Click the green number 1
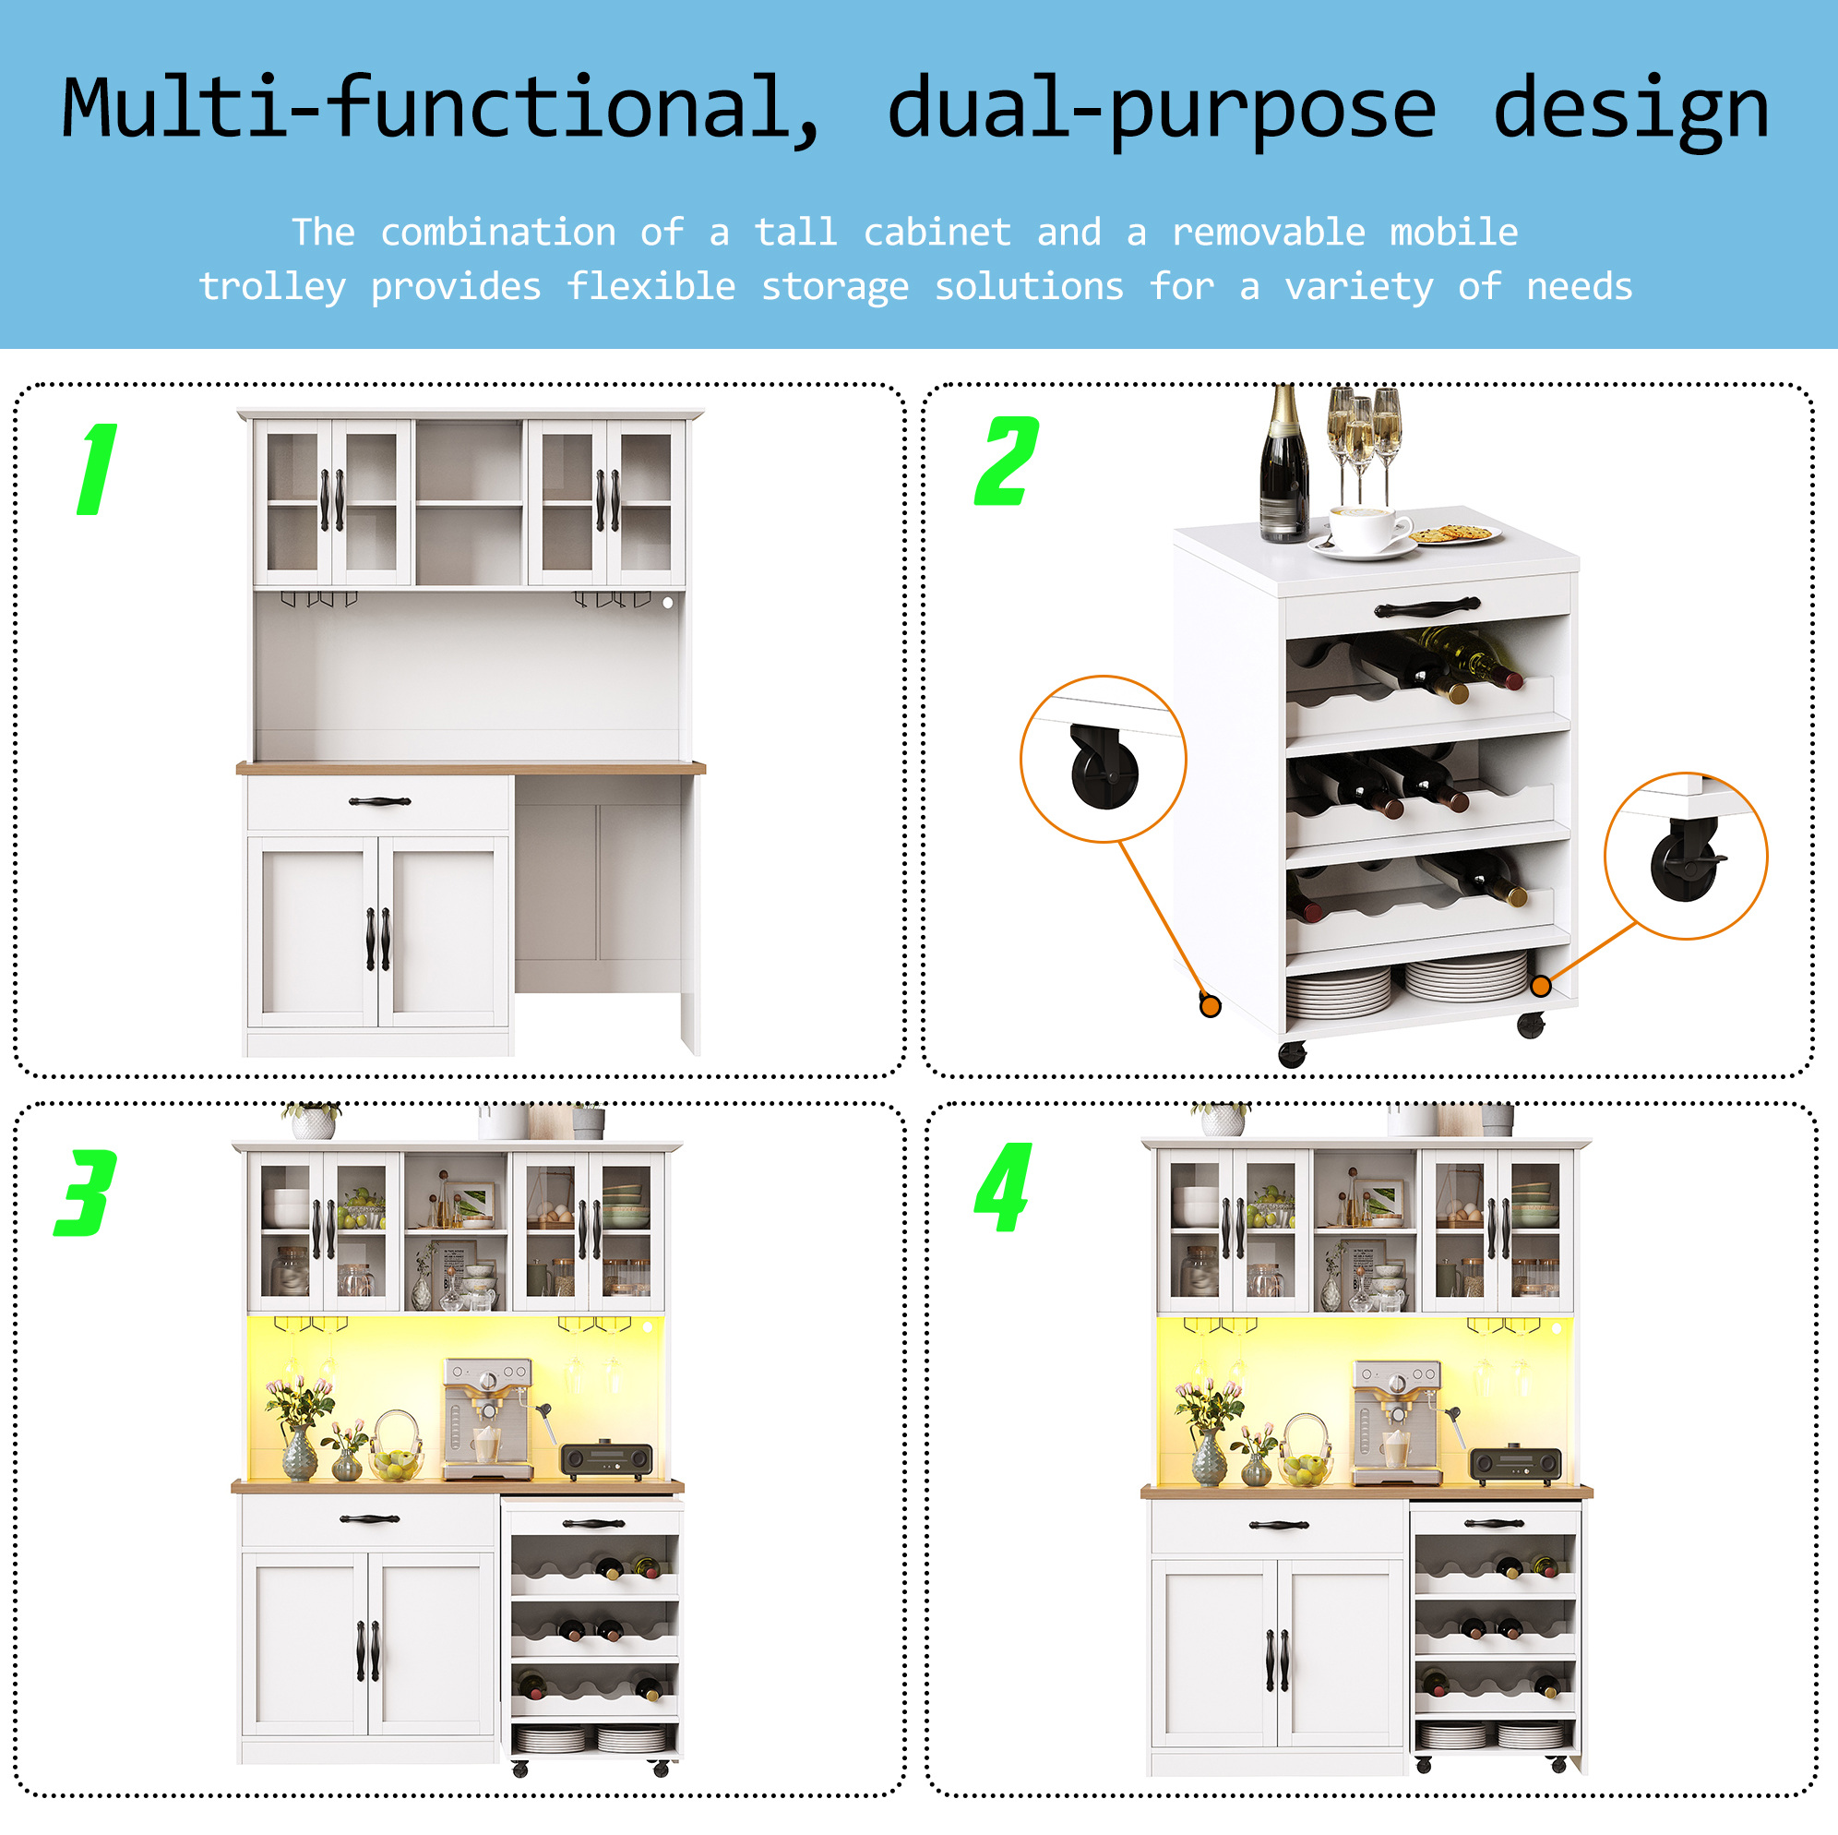point(98,469)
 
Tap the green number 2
point(1007,461)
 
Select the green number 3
point(86,1193)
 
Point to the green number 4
point(1004,1187)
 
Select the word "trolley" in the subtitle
point(272,286)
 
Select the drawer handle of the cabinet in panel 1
point(379,801)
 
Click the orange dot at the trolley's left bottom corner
point(1211,1006)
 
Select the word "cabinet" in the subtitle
point(937,233)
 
